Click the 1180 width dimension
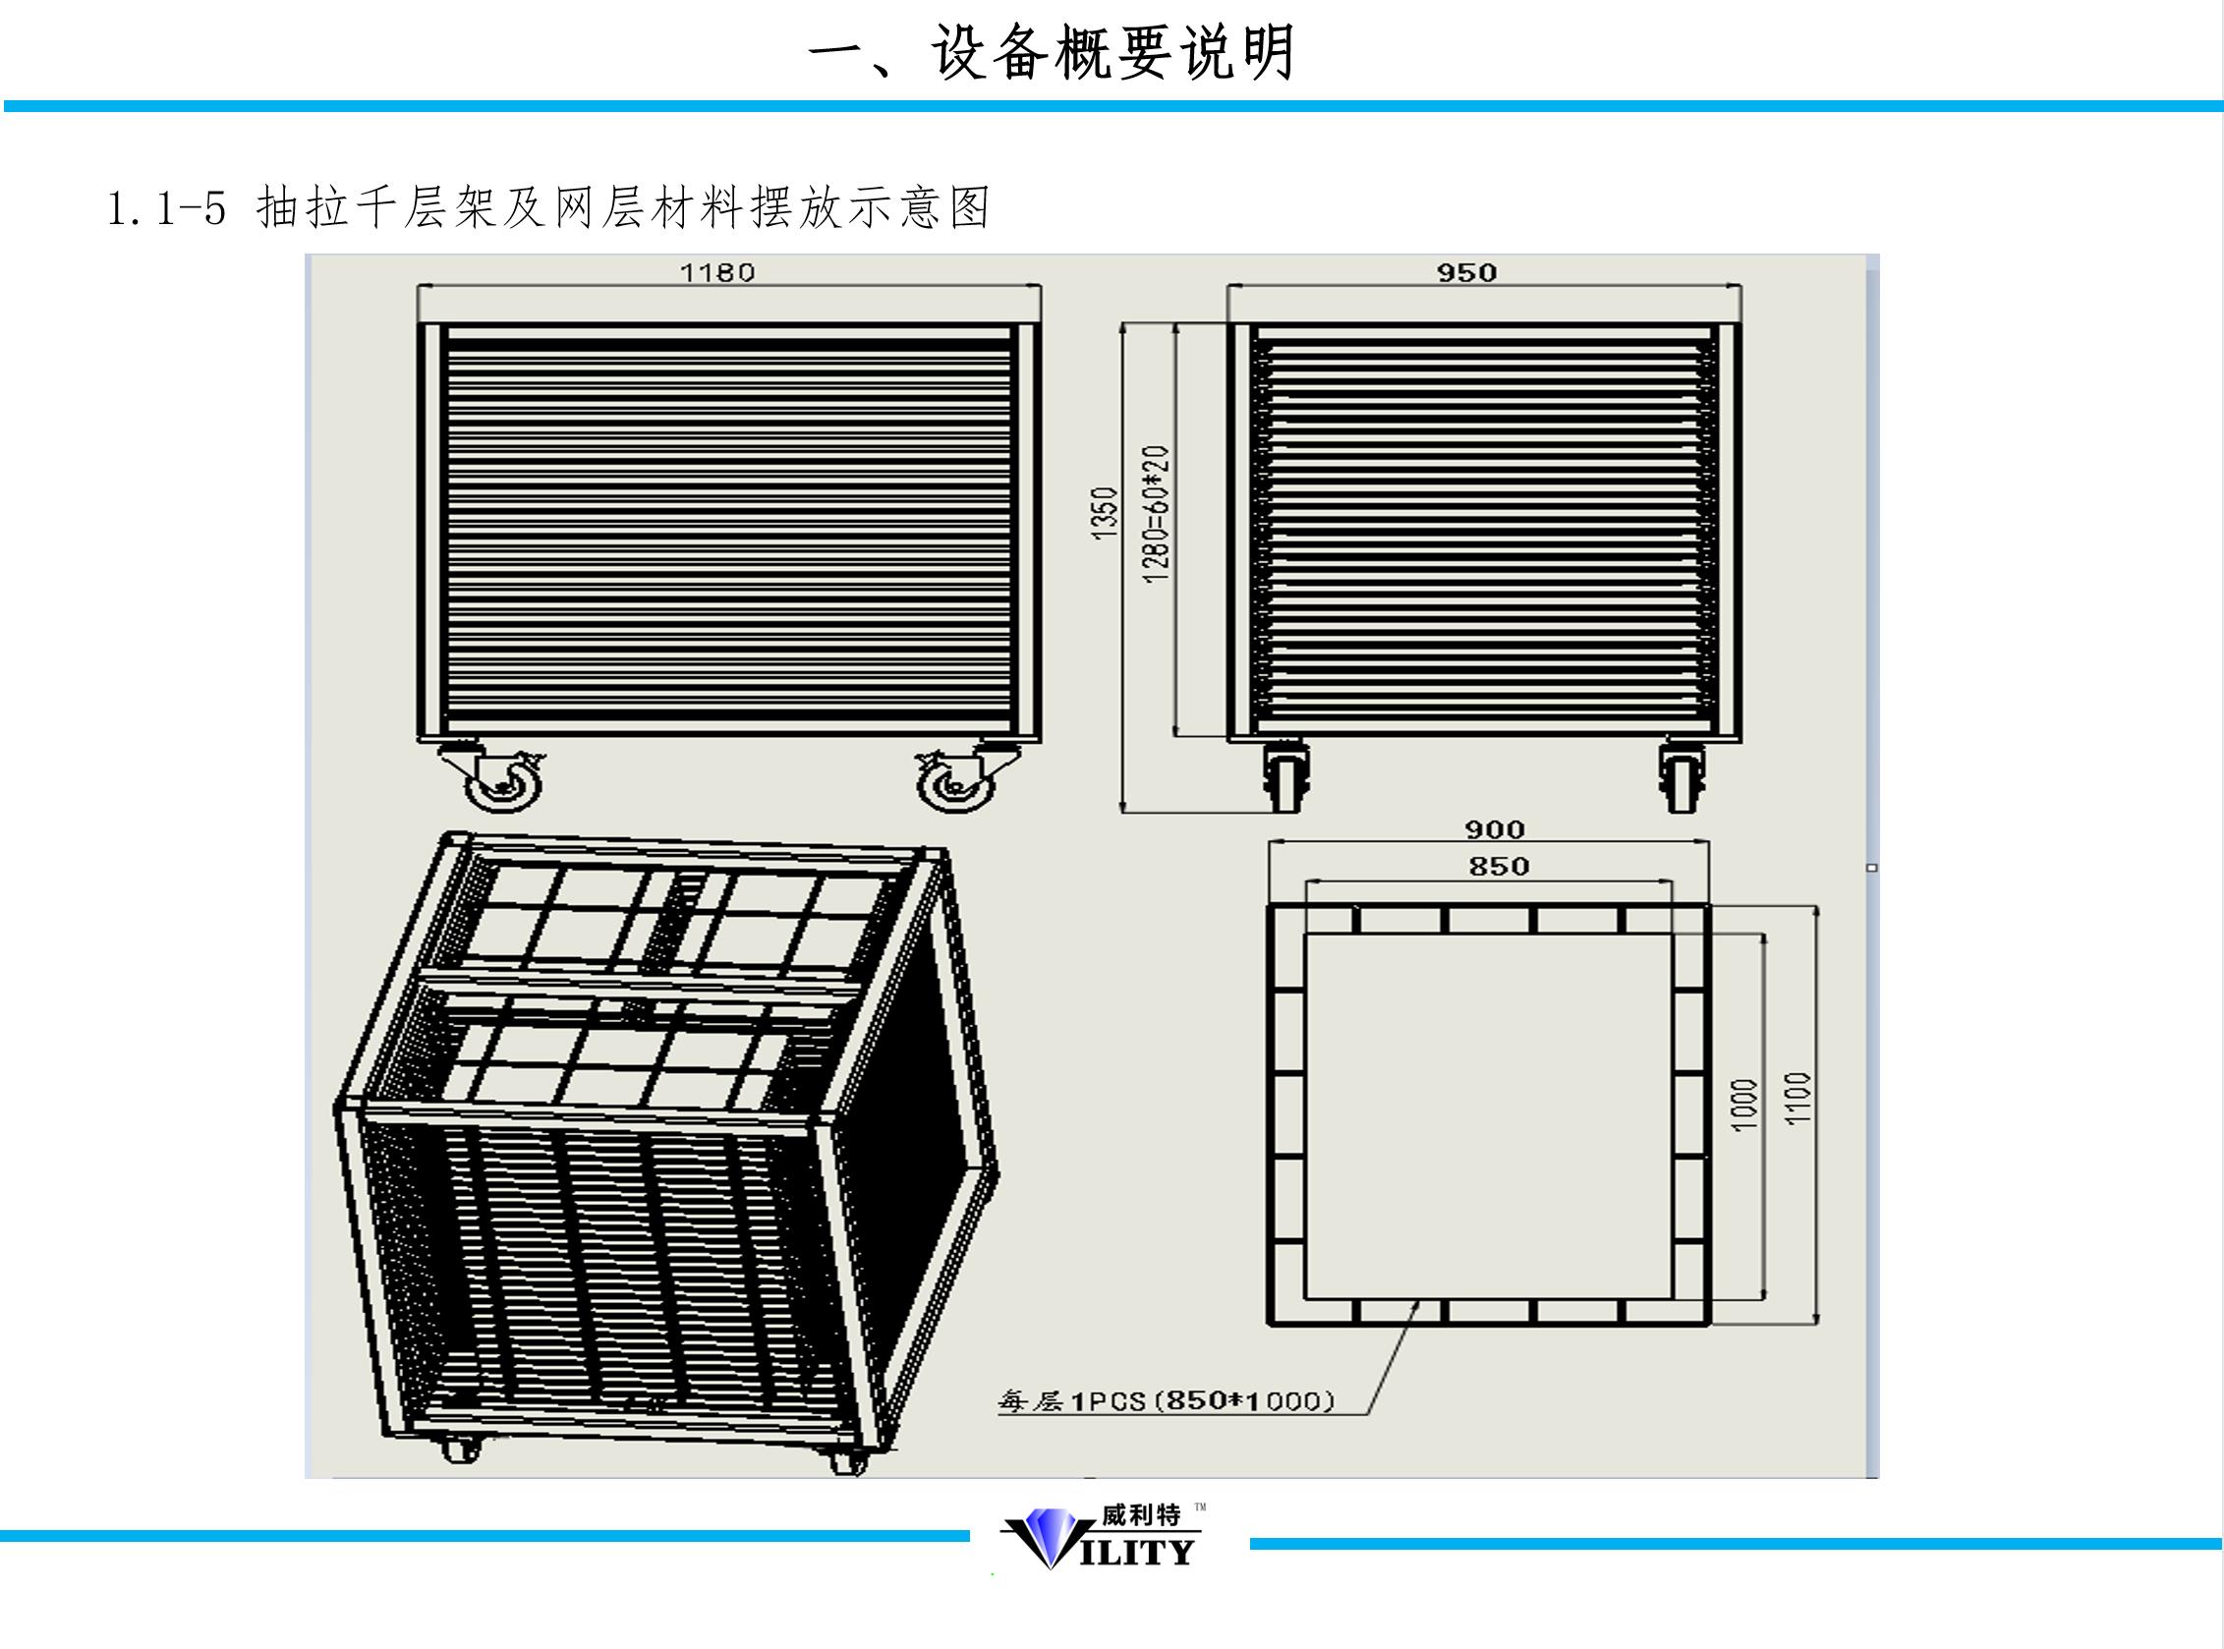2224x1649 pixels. point(716,272)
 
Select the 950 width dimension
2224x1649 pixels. point(1466,272)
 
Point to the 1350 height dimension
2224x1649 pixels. point(1103,513)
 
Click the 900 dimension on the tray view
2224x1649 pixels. point(1495,829)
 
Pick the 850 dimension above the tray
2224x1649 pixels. point(1499,867)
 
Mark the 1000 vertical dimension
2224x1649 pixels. point(1743,1104)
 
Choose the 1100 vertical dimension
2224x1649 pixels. point(1797,1098)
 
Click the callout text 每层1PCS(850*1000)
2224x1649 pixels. point(1166,1401)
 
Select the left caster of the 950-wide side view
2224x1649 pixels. point(1285,777)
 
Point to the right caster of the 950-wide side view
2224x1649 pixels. point(1682,777)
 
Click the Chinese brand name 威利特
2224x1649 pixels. point(1141,1515)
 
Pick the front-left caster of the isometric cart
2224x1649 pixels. point(459,1449)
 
